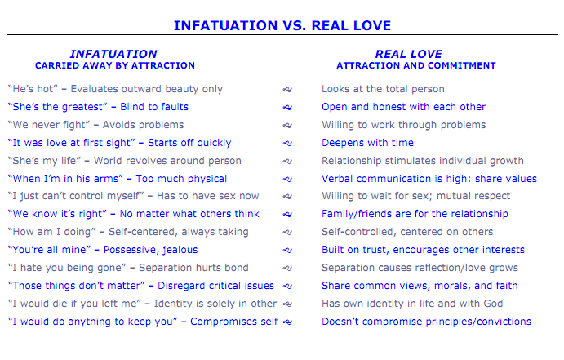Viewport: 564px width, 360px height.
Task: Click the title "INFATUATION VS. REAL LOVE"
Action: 282,25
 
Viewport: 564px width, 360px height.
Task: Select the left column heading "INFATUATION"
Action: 113,54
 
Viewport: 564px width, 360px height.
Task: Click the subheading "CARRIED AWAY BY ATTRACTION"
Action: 114,65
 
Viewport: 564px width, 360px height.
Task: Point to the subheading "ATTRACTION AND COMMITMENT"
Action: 415,65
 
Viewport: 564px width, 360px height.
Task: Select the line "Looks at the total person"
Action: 383,89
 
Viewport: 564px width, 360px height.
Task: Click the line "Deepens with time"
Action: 367,143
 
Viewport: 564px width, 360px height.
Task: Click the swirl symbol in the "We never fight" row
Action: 286,125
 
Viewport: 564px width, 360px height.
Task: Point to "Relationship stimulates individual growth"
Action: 422,161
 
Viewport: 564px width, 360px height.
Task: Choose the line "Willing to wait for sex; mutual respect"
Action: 415,196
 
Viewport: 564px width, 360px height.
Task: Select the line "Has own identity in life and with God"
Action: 412,304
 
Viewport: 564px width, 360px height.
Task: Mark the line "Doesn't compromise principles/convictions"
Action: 426,322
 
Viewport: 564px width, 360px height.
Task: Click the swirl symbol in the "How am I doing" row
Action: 286,232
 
